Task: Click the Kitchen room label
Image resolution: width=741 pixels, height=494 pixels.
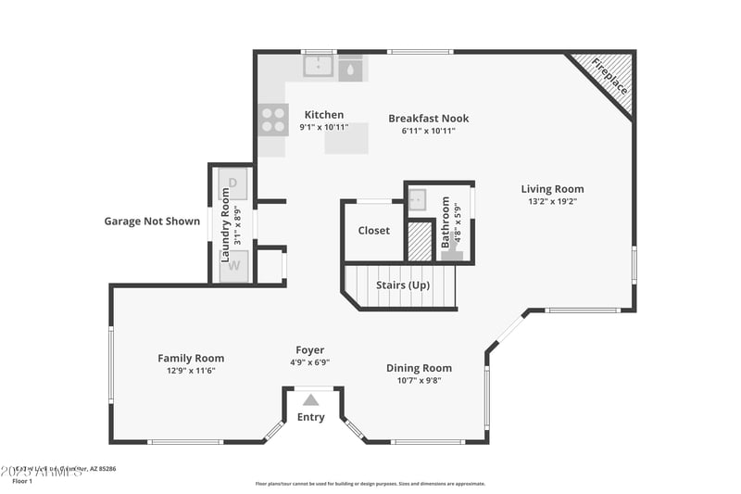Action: [323, 115]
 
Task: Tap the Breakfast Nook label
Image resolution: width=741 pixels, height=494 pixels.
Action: [428, 119]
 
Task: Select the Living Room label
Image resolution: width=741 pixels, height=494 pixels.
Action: [552, 189]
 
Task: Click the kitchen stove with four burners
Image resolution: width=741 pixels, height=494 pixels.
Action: [273, 119]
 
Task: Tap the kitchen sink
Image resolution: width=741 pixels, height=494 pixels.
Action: [319, 67]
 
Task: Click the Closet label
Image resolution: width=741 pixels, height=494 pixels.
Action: [373, 231]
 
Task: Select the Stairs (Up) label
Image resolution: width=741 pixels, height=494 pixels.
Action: [403, 285]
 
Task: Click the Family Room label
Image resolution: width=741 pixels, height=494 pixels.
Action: [191, 359]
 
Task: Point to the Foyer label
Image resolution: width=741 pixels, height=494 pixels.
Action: [309, 350]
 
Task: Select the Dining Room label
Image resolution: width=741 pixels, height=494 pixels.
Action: [419, 368]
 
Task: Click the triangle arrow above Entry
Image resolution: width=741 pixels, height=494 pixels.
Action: [311, 399]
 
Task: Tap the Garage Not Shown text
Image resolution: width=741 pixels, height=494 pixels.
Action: [151, 222]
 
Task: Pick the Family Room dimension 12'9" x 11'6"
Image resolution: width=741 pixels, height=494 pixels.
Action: [191, 371]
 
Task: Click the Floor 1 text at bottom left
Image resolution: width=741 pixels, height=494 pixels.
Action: [22, 481]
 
